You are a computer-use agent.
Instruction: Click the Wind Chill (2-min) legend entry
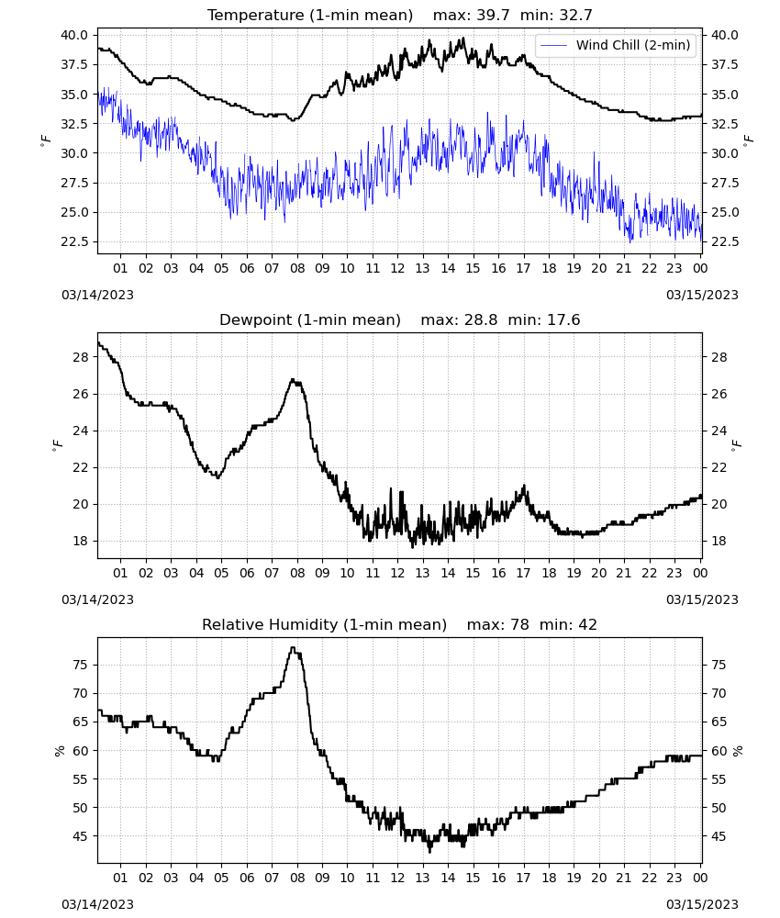pos(616,45)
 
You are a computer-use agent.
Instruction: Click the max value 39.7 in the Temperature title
pos(494,16)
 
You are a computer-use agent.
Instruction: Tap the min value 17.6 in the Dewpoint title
pos(563,320)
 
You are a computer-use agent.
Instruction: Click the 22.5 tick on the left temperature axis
pos(74,241)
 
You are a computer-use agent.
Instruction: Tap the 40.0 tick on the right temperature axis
pos(724,35)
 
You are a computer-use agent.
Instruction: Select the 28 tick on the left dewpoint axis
pos(81,357)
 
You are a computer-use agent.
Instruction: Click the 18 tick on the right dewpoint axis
pos(719,541)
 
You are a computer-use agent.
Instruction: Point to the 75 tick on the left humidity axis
pos(81,665)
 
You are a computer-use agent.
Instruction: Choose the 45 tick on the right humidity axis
pos(719,836)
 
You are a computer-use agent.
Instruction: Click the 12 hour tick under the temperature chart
pos(398,268)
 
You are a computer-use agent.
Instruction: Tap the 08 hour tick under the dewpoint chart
pos(297,573)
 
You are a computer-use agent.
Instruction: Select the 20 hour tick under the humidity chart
pos(598,878)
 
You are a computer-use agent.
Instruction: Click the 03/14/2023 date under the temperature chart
pos(97,295)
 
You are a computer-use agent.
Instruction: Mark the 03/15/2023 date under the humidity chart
pos(702,904)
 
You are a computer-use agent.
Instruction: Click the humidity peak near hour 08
pos(293,647)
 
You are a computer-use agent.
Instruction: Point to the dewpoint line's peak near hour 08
pos(293,380)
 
